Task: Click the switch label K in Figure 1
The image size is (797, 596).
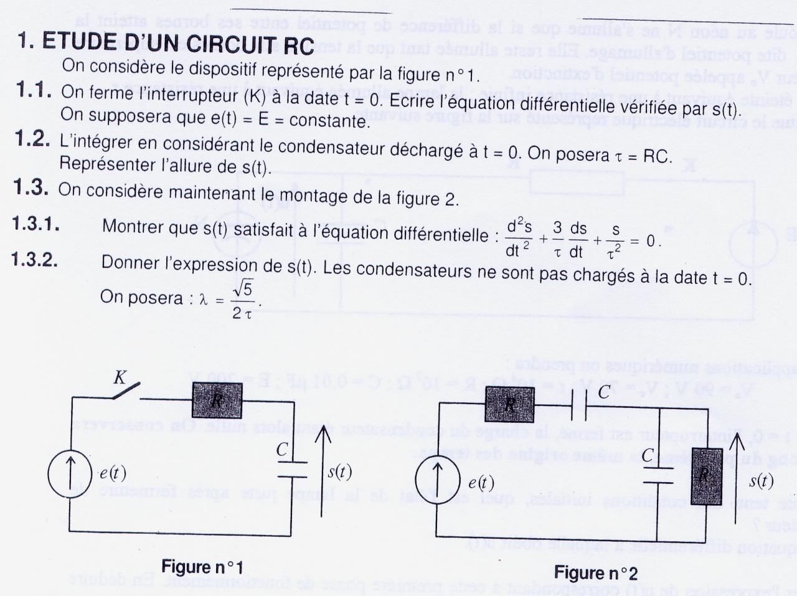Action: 120,377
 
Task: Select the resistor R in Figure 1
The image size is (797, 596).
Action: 217,400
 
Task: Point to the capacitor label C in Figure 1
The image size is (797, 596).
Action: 282,450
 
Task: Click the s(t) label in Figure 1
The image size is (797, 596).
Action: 339,472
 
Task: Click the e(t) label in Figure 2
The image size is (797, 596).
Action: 481,482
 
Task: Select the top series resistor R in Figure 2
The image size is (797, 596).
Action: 510,404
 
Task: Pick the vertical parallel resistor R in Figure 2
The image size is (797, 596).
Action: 706,476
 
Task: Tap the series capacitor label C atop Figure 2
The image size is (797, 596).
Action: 604,392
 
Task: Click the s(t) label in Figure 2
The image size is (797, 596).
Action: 761,480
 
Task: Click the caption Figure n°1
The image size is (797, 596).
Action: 202,567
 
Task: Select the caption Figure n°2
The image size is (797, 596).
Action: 596,572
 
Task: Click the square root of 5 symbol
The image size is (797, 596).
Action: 242,288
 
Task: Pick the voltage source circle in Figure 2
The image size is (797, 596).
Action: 438,481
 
